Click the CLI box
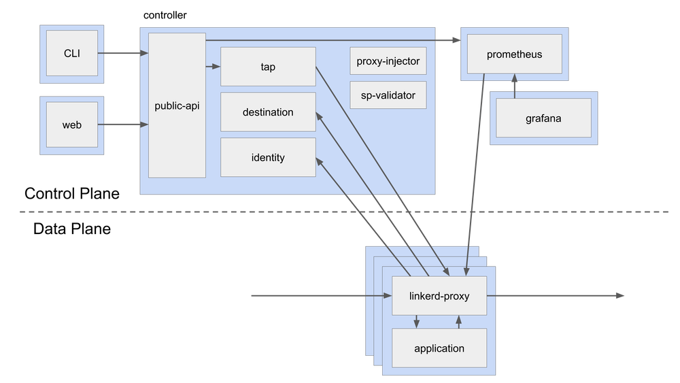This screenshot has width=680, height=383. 71,53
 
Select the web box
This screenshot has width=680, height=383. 71,124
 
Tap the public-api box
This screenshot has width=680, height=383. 177,105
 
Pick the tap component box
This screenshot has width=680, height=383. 268,67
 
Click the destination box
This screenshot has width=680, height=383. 268,112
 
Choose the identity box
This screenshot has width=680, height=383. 268,157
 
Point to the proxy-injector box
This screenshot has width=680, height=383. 388,61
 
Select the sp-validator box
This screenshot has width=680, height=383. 388,95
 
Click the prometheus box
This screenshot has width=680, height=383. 514,54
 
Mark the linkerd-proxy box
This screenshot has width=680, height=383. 439,296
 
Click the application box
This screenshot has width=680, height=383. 439,348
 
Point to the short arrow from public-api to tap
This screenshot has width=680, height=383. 213,67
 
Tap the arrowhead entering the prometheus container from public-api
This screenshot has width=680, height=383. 454,41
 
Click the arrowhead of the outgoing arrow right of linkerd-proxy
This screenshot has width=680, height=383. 619,295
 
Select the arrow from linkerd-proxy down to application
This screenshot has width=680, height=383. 417,322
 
